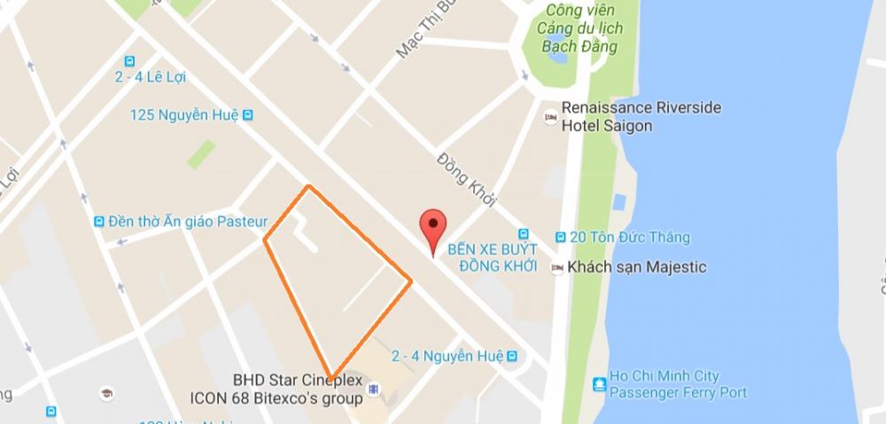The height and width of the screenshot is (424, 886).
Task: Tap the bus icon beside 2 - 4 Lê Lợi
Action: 130,61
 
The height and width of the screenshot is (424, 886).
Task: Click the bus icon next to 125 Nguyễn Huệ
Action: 249,114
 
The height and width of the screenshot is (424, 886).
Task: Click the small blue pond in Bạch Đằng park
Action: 558,54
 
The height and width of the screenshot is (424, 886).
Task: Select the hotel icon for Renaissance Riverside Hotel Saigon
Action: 550,116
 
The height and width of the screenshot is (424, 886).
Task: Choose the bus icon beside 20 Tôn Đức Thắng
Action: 561,238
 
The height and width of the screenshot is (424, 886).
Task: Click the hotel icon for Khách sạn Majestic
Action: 556,267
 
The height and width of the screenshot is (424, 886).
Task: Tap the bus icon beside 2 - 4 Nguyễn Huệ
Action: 511,356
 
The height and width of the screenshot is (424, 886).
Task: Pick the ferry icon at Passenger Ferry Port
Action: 600,384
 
